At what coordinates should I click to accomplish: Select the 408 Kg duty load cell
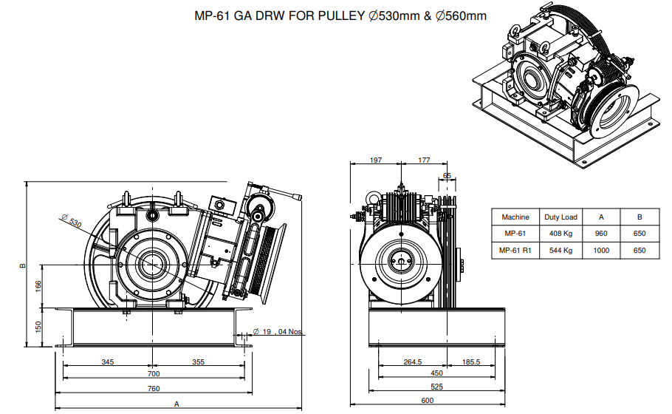(560, 234)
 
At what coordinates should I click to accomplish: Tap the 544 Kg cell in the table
(560, 250)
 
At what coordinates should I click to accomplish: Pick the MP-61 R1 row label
(515, 250)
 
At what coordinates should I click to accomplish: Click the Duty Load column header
(560, 217)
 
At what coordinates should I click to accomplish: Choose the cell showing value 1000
(601, 250)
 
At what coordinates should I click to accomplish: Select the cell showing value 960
(601, 234)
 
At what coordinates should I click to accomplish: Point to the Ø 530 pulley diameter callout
(71, 220)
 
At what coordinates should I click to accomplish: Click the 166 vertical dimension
(38, 286)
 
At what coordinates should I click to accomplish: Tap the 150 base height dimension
(38, 327)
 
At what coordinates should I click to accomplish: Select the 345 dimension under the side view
(108, 362)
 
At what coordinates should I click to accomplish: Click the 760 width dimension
(154, 388)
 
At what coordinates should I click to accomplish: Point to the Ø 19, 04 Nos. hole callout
(277, 332)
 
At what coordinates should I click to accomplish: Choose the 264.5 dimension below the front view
(412, 362)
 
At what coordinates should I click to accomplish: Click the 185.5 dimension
(471, 362)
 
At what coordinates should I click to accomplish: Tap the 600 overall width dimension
(428, 400)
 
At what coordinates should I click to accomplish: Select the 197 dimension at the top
(375, 160)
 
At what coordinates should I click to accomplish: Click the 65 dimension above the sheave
(447, 176)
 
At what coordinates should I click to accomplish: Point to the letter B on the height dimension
(23, 265)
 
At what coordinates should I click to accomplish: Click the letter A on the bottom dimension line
(176, 404)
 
